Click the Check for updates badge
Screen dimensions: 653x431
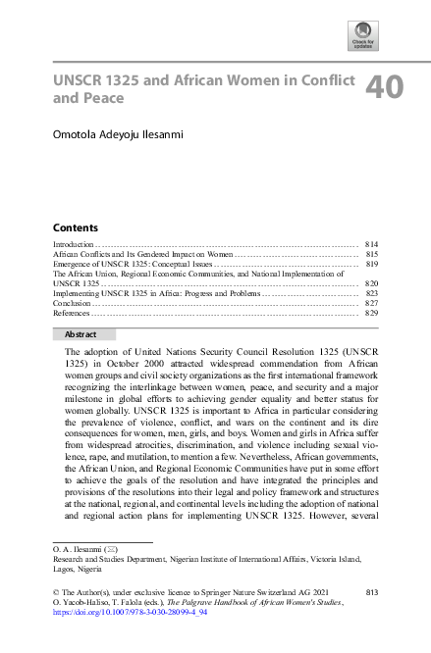tap(363, 37)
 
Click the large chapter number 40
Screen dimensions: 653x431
tap(384, 88)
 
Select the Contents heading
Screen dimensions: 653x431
tap(75, 226)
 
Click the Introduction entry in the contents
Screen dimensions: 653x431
tap(73, 243)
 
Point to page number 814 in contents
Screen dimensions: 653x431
tap(371, 243)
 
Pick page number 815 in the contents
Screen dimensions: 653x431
tap(371, 254)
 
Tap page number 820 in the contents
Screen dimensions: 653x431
tap(371, 283)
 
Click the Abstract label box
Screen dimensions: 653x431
tap(83, 334)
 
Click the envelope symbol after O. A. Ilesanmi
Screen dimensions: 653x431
tap(101, 553)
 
